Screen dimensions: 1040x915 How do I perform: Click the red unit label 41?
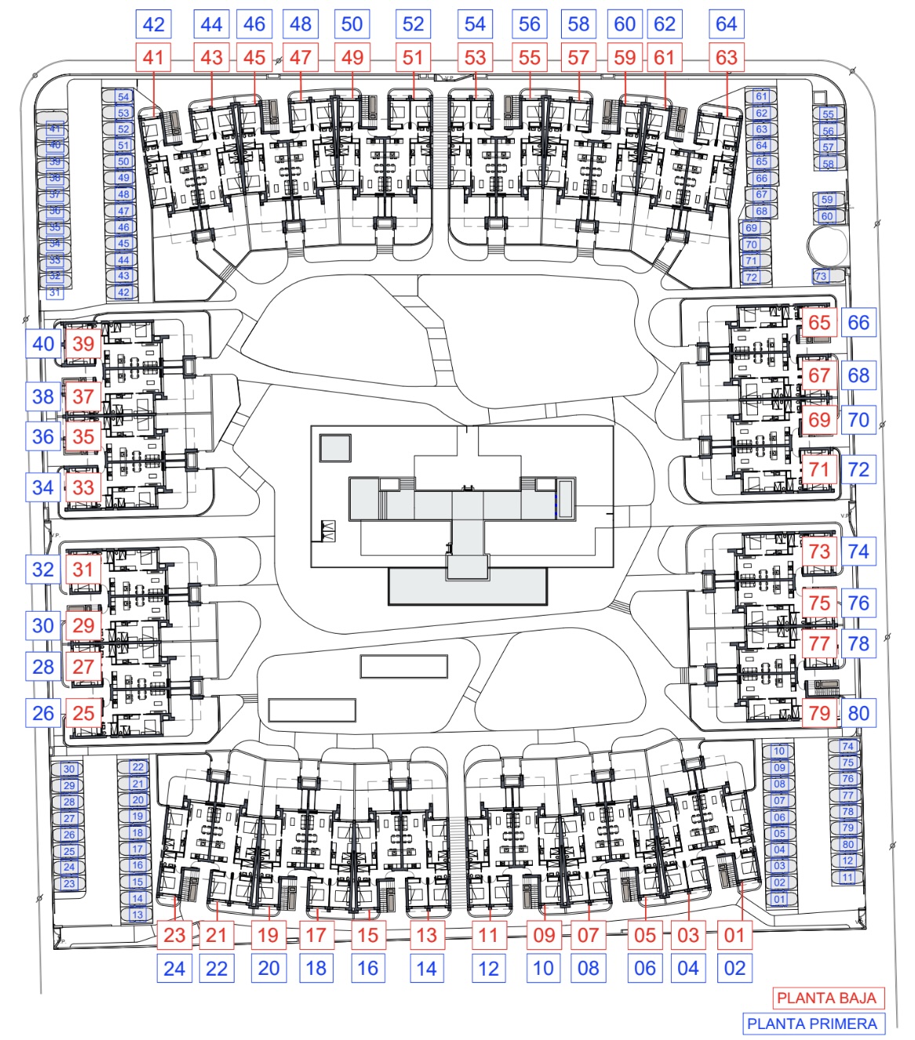coord(154,57)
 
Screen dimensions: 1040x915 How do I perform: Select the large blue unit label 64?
coord(726,24)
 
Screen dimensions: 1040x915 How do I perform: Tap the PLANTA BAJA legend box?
coord(826,998)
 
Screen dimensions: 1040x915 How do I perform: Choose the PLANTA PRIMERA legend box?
coord(812,1024)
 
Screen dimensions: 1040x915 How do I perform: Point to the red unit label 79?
coord(819,713)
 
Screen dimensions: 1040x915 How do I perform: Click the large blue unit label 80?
coord(858,713)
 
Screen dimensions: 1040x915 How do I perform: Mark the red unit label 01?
coord(735,935)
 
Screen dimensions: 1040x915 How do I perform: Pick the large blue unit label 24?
coord(174,969)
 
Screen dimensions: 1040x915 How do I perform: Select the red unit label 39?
coord(83,344)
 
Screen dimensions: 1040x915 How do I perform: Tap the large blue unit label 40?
coord(43,344)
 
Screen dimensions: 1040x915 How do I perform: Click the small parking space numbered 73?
coord(821,276)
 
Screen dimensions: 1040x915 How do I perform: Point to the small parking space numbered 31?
coord(54,292)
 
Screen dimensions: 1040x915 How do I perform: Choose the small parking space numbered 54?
coord(123,96)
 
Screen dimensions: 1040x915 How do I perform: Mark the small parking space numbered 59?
coord(827,199)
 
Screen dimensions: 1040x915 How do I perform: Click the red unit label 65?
coord(819,322)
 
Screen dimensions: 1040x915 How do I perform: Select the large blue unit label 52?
coord(413,24)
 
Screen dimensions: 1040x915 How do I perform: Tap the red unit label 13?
coord(426,935)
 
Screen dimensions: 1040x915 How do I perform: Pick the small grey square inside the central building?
coord(334,448)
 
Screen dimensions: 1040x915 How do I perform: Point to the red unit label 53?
coord(475,57)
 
